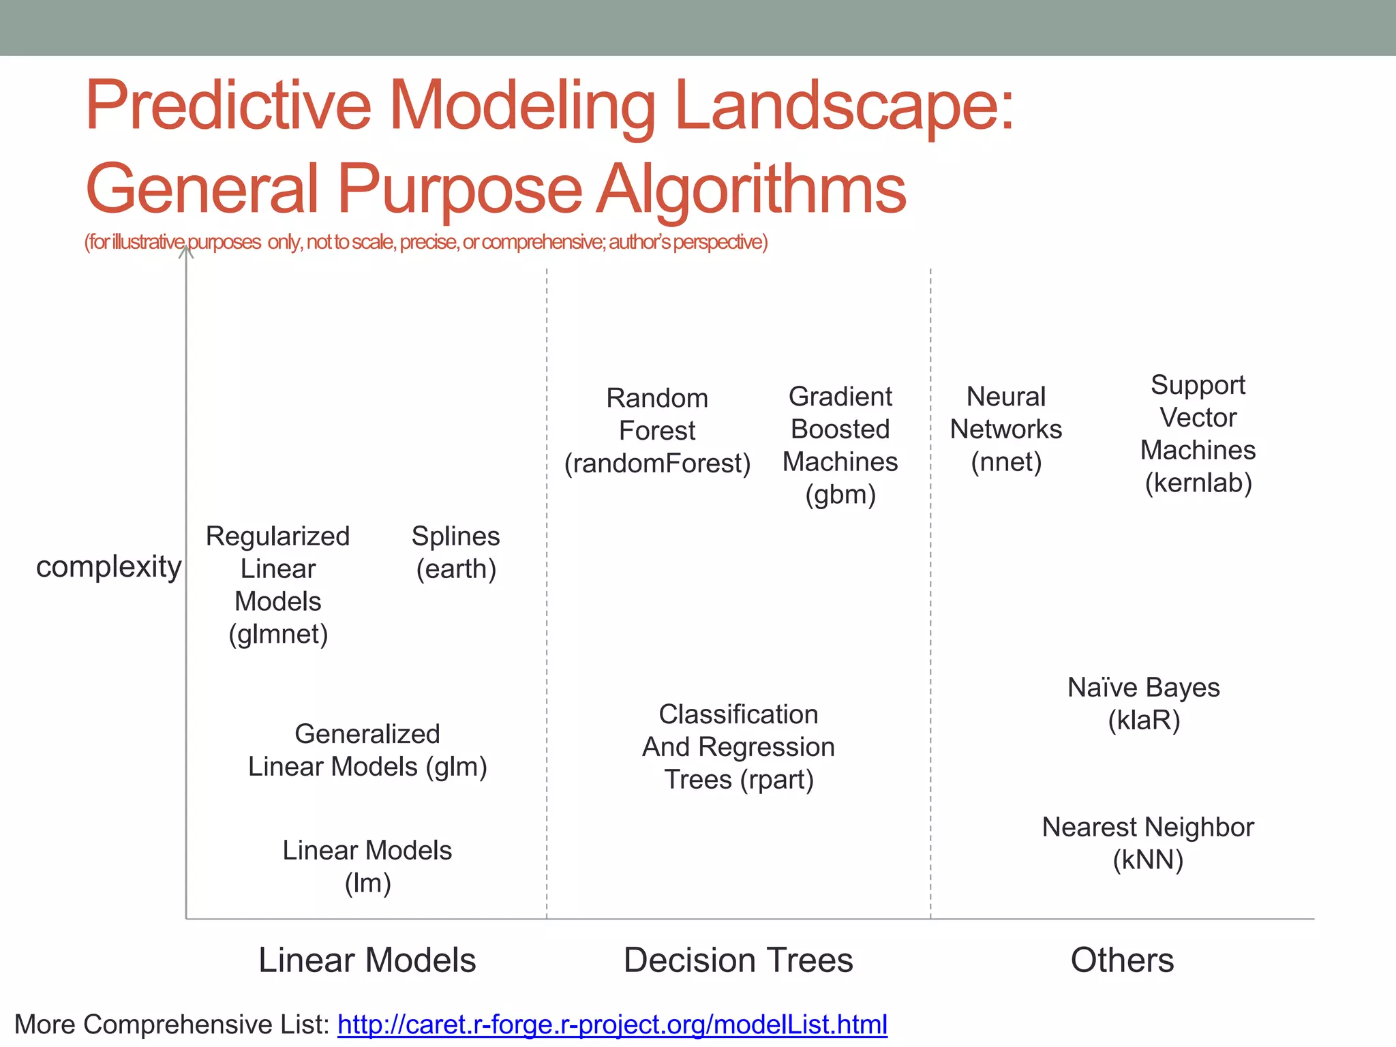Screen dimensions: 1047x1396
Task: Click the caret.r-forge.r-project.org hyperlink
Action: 612,1025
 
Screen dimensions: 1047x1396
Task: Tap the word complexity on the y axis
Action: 109,566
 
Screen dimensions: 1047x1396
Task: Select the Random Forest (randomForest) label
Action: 657,431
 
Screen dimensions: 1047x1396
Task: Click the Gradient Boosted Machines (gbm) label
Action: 840,445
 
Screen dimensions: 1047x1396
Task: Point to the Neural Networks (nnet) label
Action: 1006,429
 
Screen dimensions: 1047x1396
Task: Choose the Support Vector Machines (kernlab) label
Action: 1198,434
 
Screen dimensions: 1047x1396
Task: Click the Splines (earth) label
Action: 455,553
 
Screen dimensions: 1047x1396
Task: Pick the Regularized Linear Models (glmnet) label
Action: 278,585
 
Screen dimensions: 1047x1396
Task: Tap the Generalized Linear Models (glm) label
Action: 367,750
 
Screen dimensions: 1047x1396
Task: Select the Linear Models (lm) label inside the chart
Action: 367,866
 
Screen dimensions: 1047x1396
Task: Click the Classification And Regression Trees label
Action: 738,747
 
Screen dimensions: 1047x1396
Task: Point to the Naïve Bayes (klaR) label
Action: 1143,703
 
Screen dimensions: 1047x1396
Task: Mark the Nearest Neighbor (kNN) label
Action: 1148,843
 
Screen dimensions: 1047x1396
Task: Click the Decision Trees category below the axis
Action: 738,960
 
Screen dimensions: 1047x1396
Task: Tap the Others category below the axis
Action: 1122,960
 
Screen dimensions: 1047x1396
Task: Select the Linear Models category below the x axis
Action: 367,960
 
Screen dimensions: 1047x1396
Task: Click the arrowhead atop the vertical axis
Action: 186,252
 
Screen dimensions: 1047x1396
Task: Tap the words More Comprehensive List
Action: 172,1025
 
